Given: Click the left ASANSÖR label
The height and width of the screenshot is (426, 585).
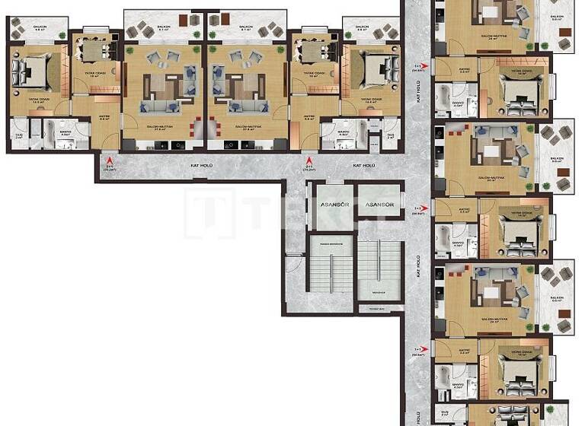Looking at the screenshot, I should (331, 205).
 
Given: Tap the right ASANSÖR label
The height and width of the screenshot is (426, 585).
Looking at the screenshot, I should (379, 205).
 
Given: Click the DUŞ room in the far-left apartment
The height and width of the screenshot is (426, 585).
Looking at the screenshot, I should (19, 133).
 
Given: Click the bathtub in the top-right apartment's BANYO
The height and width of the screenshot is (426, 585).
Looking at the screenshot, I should (444, 97).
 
